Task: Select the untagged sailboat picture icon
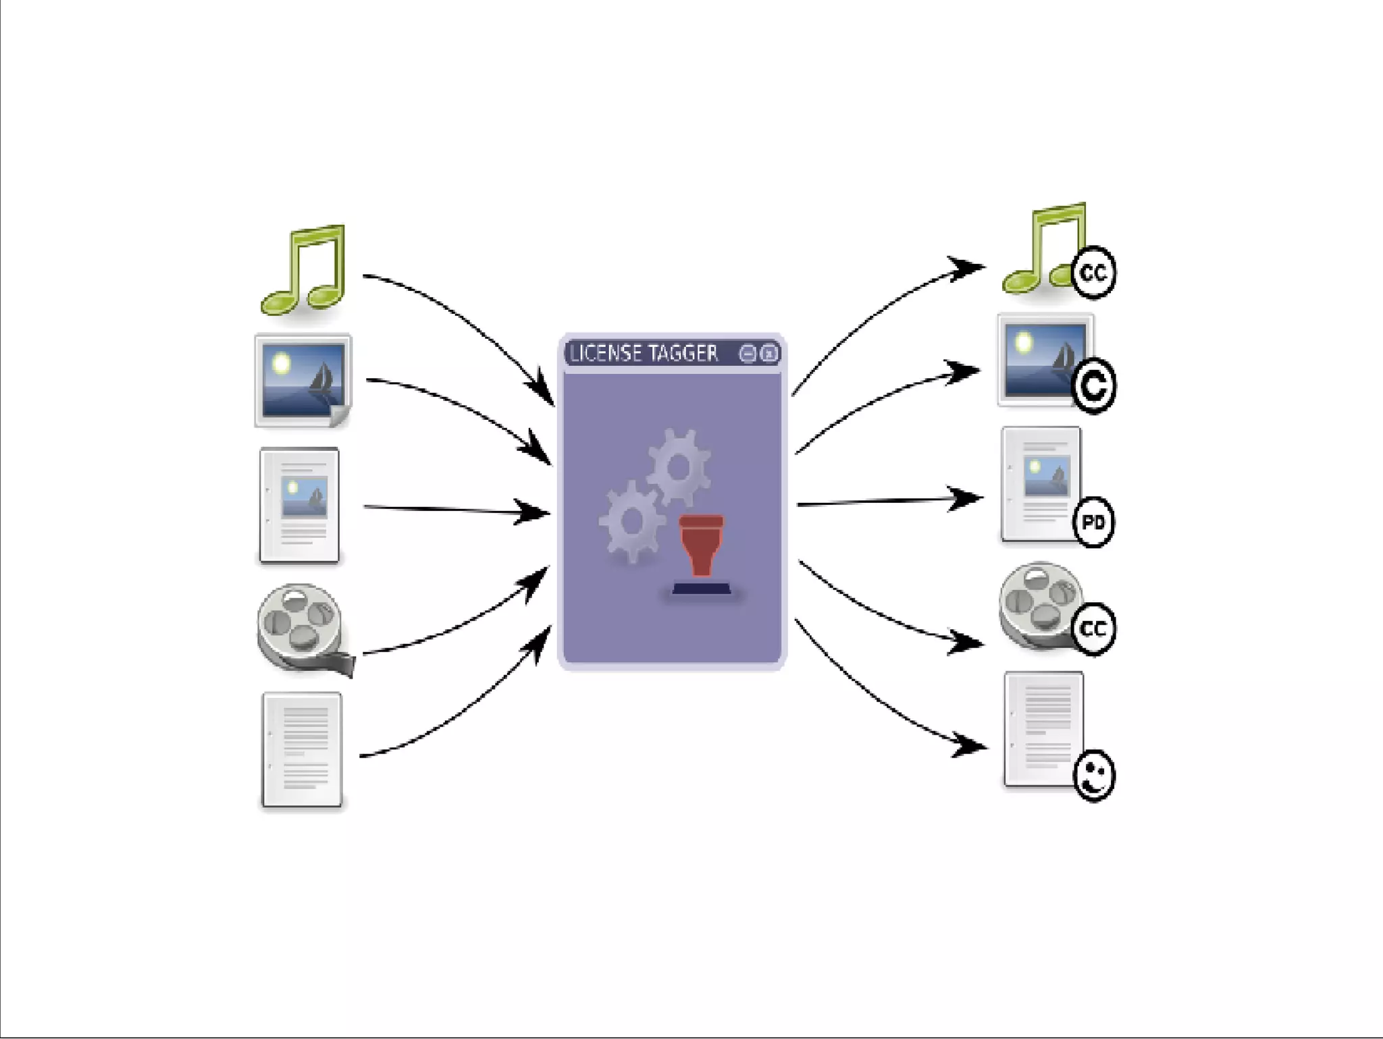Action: pos(303,381)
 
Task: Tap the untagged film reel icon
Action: pos(301,628)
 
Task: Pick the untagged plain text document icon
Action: pos(302,749)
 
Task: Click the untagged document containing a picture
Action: pos(299,505)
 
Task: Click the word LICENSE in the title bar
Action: pos(606,354)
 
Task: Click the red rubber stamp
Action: pos(701,544)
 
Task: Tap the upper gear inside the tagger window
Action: pos(679,466)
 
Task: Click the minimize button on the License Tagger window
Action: pos(748,354)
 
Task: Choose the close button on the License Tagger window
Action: pos(769,354)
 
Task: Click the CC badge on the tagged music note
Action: pos(1093,273)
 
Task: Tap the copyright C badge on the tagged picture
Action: pos(1093,386)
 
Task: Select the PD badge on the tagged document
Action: pos(1093,522)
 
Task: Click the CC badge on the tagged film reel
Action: pos(1093,629)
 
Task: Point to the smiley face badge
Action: pos(1094,776)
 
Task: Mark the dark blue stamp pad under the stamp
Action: pos(702,589)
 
